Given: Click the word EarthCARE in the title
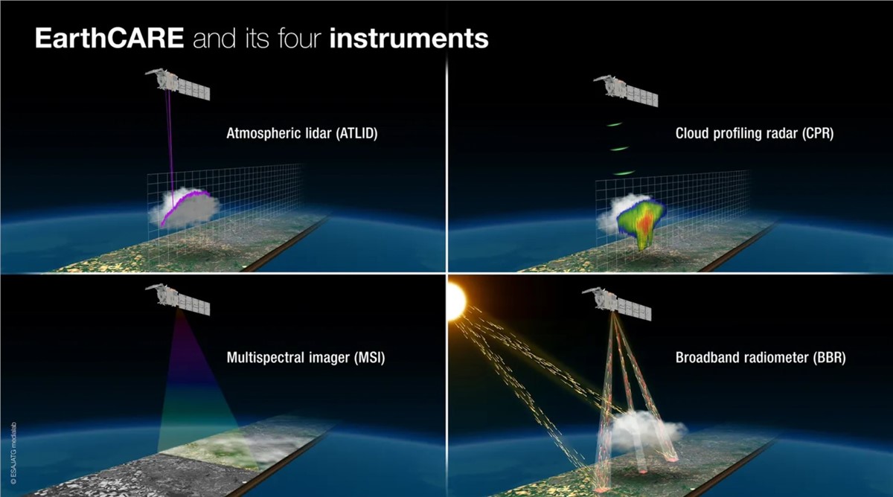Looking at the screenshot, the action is [109, 38].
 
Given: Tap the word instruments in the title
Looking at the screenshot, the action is [409, 38].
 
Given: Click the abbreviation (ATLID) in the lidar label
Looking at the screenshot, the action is [356, 133].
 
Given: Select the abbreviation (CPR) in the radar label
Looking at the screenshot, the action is [817, 133].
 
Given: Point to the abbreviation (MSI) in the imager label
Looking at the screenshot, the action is [370, 358].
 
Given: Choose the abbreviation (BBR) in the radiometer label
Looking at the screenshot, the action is [829, 358].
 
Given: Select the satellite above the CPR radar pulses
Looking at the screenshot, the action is [626, 91].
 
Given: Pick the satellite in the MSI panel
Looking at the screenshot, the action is [177, 299].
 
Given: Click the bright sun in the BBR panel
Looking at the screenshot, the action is [456, 301].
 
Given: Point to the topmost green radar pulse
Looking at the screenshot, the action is [614, 125].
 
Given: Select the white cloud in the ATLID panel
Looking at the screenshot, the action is [185, 208].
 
